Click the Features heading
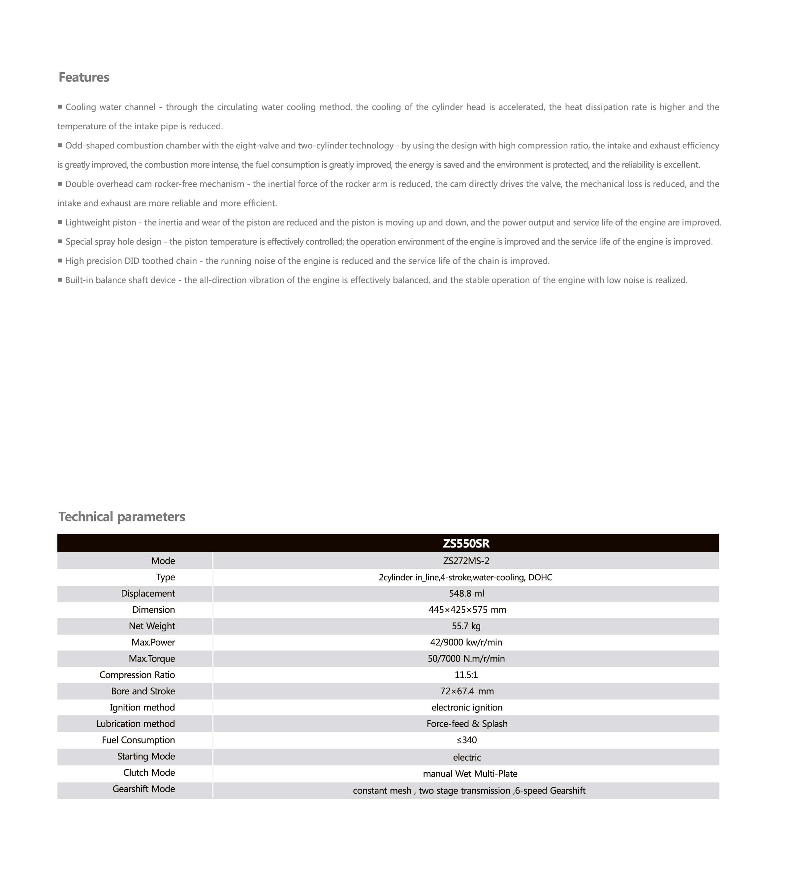84,77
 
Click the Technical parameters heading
122,517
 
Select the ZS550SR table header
466,543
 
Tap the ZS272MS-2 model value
466,561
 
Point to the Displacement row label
148,593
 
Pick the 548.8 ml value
466,593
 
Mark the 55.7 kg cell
466,626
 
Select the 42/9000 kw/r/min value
466,643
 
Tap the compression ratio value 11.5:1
466,675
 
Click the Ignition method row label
142,708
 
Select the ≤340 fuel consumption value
466,740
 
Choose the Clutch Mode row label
149,772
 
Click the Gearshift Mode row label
144,789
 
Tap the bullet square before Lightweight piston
60,222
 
